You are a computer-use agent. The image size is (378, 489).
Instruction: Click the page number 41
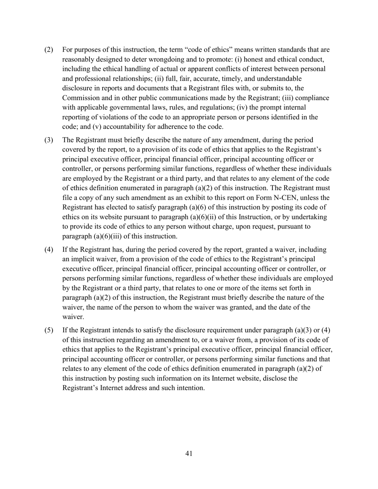[x=189, y=454]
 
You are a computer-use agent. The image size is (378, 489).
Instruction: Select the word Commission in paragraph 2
[x=80, y=98]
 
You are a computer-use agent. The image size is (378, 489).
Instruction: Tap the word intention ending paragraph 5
[x=191, y=388]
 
